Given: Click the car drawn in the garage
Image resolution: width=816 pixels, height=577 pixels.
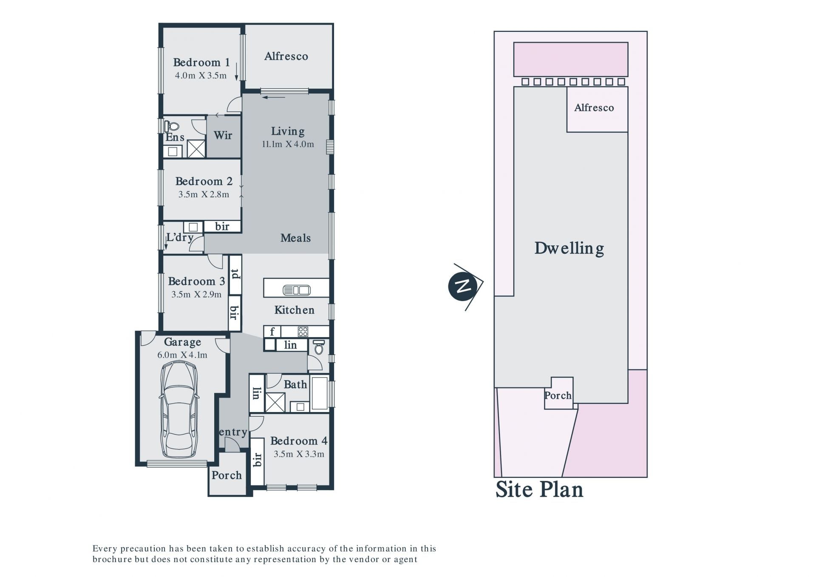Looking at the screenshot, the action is point(179,409).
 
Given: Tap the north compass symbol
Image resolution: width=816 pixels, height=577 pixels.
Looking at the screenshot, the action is point(465,287).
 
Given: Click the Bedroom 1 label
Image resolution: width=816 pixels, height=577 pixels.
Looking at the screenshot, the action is point(201,63).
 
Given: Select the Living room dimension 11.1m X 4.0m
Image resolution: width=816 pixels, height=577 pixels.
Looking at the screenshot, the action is point(288,144).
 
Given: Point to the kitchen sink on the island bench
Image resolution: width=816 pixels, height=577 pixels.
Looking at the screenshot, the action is point(297,290).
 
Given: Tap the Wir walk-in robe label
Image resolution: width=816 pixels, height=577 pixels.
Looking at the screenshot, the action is point(223,135).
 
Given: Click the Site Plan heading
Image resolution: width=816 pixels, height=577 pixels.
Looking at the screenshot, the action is point(539,489).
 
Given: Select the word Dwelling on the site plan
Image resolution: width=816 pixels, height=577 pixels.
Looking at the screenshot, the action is point(569,248).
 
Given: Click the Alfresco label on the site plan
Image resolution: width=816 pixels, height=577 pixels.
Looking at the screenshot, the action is point(594,108).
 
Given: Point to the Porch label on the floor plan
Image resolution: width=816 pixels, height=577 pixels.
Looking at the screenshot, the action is point(227,475).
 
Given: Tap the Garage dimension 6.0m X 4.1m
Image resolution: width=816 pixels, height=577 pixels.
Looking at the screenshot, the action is point(182,355).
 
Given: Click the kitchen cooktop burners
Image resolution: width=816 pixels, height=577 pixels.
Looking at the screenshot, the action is point(303,331).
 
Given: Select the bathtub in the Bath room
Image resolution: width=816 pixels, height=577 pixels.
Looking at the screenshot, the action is point(320,393).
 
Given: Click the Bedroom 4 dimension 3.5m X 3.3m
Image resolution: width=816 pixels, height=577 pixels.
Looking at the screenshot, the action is point(299,454).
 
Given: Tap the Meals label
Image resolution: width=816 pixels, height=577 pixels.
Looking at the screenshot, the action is point(295,238).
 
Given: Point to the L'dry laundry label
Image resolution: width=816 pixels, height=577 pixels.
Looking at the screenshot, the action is point(180,237).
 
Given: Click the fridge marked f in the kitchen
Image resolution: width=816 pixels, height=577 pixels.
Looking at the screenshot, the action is point(272,331).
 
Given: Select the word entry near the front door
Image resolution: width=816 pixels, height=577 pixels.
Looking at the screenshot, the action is point(233,432).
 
